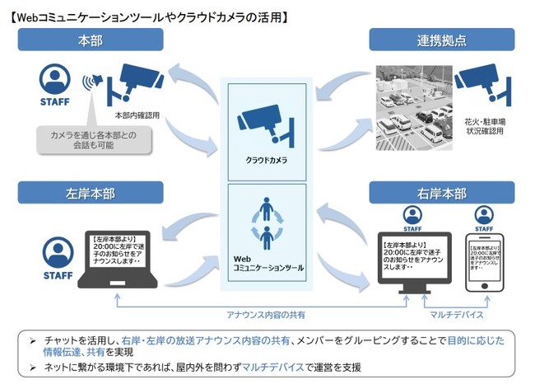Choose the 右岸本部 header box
442,195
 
